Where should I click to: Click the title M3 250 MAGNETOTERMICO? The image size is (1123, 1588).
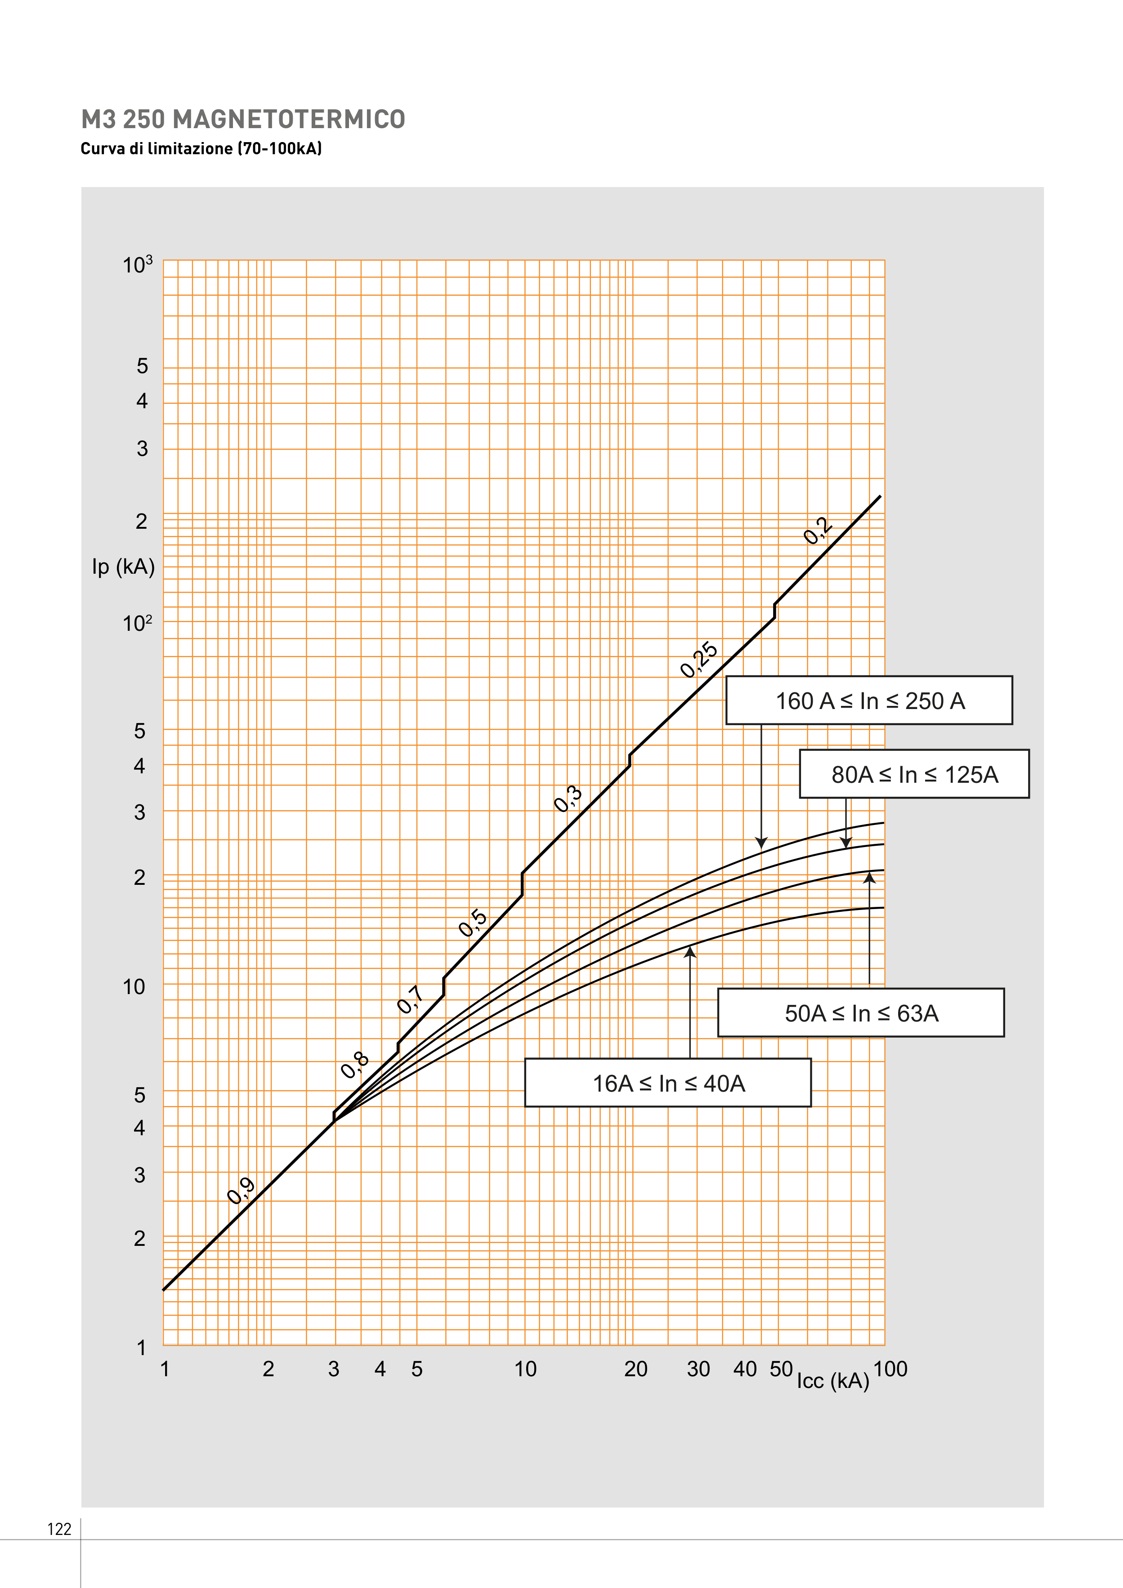pyautogui.click(x=243, y=120)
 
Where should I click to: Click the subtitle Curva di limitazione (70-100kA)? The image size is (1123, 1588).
pyautogui.click(x=201, y=149)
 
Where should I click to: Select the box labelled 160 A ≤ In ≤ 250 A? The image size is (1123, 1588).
pyautogui.click(x=869, y=700)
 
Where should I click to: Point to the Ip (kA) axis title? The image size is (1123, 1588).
pyautogui.click(x=123, y=567)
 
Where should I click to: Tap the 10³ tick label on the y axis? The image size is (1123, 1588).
pyautogui.click(x=137, y=265)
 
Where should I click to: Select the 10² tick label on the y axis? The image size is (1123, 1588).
pyautogui.click(x=137, y=623)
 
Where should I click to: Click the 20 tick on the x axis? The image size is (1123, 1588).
pyautogui.click(x=635, y=1369)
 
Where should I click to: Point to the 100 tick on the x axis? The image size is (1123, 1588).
pyautogui.click(x=890, y=1369)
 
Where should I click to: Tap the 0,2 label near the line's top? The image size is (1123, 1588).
pyautogui.click(x=818, y=531)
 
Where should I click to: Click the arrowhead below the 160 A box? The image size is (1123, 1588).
pyautogui.click(x=761, y=843)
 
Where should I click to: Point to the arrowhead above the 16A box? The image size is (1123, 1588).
pyautogui.click(x=690, y=952)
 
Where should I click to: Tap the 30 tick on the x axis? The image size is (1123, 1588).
pyautogui.click(x=698, y=1369)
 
